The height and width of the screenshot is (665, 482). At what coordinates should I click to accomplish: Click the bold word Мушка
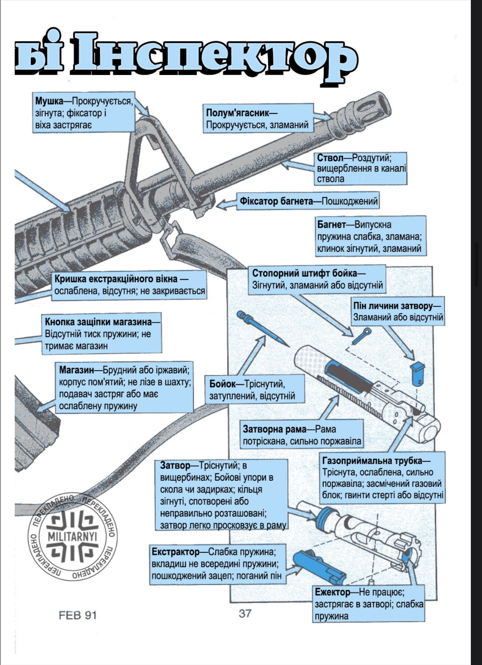[x=49, y=101]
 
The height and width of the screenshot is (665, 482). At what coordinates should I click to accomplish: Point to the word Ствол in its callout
[x=330, y=158]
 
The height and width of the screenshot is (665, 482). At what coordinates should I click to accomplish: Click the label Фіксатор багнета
[x=276, y=201]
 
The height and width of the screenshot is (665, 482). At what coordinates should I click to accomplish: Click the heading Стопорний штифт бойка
[x=304, y=273]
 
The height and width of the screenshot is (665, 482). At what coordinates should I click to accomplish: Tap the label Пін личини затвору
[x=393, y=306]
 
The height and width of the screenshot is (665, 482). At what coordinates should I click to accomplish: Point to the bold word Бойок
[x=223, y=384]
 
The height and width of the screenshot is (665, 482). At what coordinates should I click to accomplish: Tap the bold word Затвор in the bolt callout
[x=175, y=465]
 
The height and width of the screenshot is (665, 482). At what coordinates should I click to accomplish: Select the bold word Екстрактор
[x=175, y=552]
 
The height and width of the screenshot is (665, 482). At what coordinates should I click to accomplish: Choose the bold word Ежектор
[x=333, y=592]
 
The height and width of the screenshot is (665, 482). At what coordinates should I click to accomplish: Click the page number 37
[x=245, y=613]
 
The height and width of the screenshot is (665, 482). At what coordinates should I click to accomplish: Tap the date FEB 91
[x=77, y=615]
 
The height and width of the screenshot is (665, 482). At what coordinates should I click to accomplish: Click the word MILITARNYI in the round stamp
[x=73, y=536]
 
